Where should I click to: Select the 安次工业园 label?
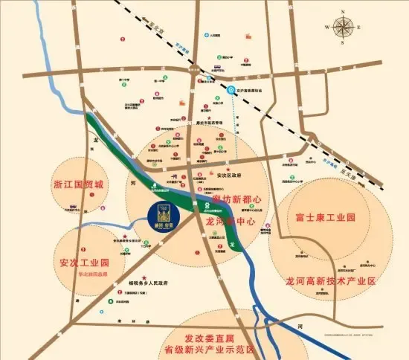(84, 263)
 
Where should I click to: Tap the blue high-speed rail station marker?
(232, 91)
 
